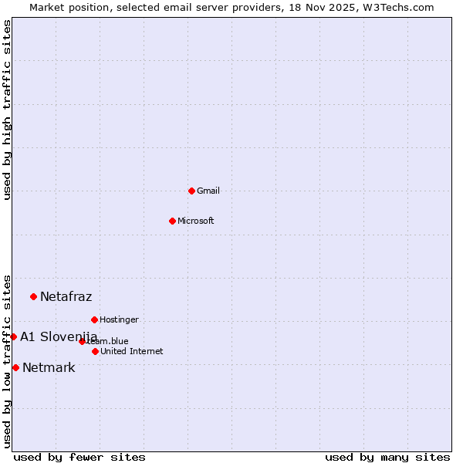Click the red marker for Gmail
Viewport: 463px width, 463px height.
[x=191, y=191]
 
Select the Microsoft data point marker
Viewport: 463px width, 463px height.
[x=172, y=221]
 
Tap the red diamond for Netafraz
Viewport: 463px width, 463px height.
[x=33, y=296]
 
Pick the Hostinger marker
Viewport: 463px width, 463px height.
[x=94, y=319]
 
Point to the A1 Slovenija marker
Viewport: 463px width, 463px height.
[x=13, y=336]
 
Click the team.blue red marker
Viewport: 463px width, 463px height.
[x=82, y=341]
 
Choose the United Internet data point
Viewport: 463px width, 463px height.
[x=95, y=351]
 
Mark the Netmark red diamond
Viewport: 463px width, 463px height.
[x=15, y=367]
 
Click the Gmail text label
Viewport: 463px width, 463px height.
[x=208, y=191]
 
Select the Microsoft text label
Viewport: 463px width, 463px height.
[x=196, y=221]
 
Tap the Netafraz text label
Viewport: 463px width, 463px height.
[x=66, y=296]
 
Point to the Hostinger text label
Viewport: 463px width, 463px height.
[x=119, y=319]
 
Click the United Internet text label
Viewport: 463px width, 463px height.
[x=132, y=351]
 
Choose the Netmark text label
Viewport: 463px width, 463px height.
[x=49, y=367]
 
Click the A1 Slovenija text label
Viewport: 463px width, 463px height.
[x=59, y=336]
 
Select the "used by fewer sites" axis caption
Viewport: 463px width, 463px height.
[x=79, y=457]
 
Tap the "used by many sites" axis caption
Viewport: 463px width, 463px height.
[x=387, y=457]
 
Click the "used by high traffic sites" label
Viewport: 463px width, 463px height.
[x=7, y=110]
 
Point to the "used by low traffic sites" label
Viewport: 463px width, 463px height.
[x=7, y=360]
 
